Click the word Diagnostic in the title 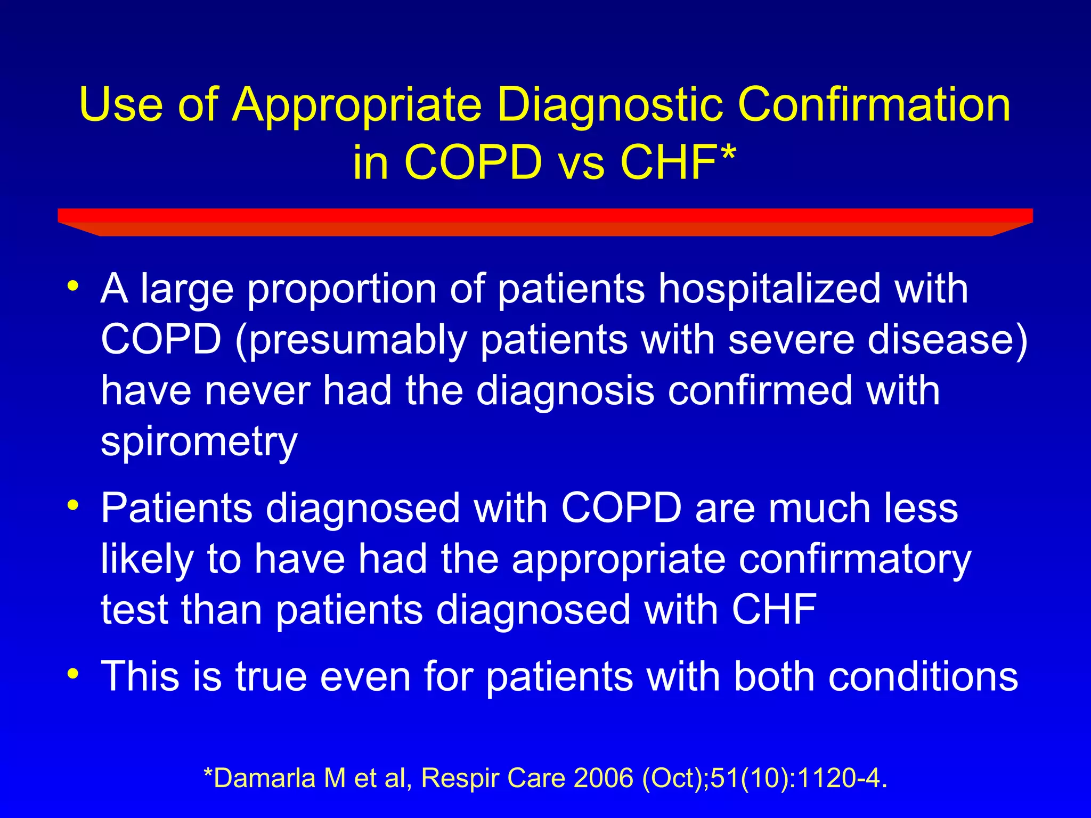[609, 104]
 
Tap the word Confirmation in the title [874, 104]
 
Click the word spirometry [199, 442]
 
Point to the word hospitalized [769, 289]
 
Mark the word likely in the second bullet [147, 560]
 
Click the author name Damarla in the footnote [264, 778]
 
